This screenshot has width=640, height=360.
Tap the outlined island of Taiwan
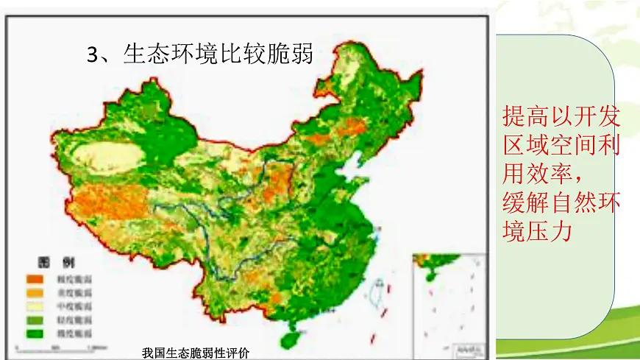pos(378,289)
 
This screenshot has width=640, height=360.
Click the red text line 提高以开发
pos(561,116)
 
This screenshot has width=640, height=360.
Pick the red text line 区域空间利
pos(561,144)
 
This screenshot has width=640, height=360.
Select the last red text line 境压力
pos(535,230)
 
